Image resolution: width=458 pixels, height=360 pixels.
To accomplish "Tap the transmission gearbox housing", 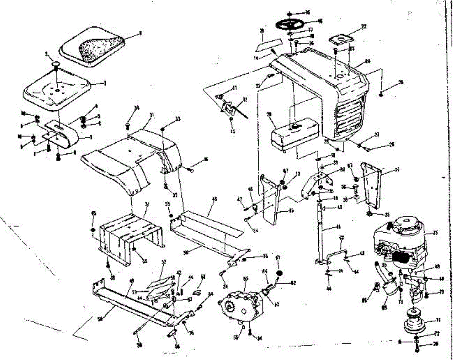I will click(240, 305).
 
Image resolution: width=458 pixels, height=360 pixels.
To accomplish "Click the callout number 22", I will click(364, 26).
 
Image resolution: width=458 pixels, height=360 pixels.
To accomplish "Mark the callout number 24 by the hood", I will click(368, 61).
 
